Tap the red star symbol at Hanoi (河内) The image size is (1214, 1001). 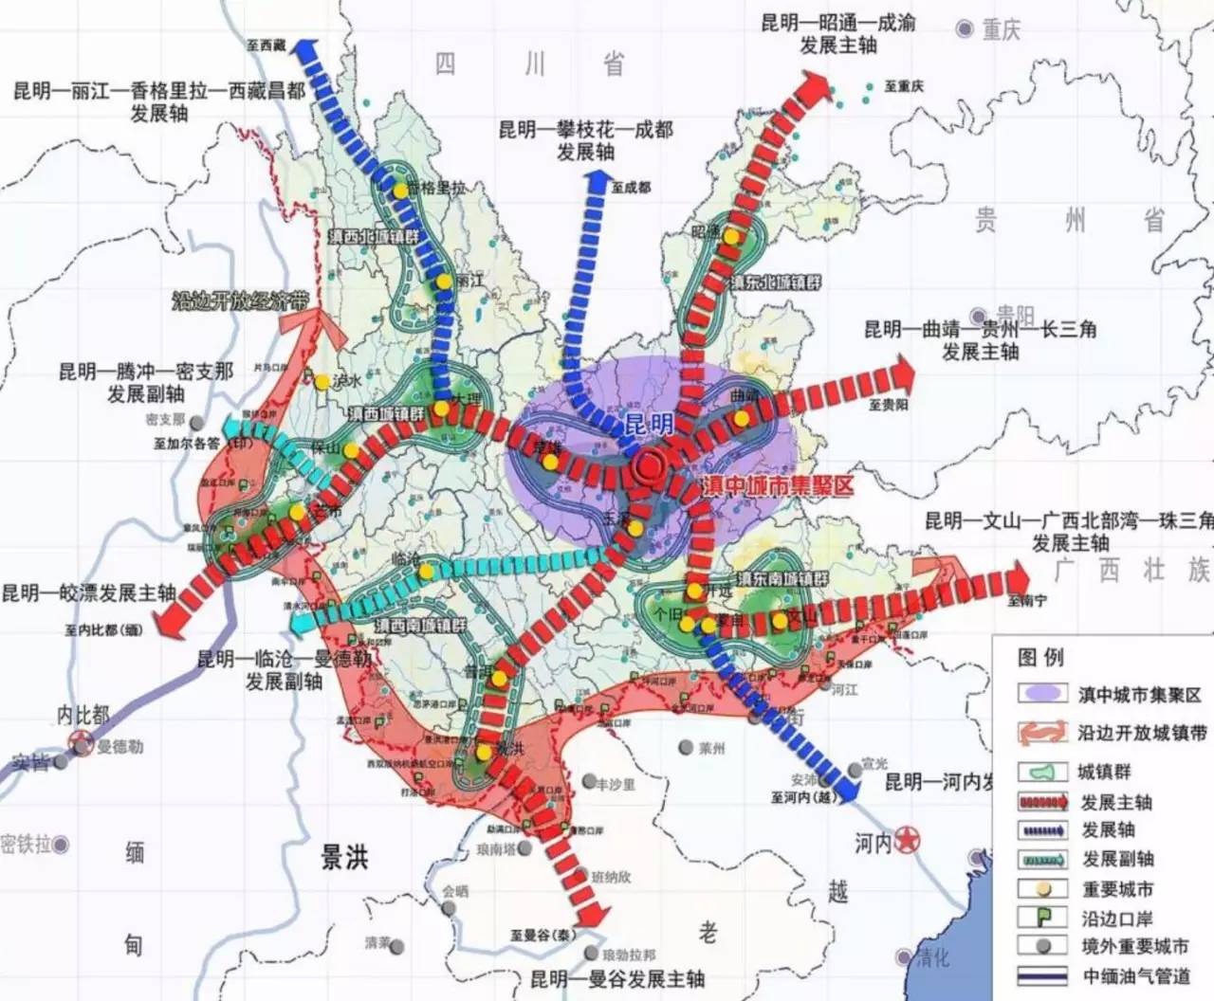click(x=907, y=838)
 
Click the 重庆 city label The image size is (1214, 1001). click(x=1001, y=29)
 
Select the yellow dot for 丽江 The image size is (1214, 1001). click(x=444, y=282)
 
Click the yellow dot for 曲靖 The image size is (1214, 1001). click(x=742, y=418)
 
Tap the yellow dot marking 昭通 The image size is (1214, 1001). click(x=732, y=236)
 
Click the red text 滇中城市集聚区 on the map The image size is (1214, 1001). click(x=778, y=486)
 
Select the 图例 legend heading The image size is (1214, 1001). click(x=1040, y=656)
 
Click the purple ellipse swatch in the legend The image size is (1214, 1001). click(x=1042, y=693)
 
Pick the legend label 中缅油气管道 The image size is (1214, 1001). click(x=1137, y=975)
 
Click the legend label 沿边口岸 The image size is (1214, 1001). click(x=1117, y=918)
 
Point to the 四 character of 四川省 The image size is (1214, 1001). click(x=445, y=64)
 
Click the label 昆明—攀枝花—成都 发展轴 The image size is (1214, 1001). click(x=585, y=140)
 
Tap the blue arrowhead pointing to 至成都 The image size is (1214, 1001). click(x=599, y=182)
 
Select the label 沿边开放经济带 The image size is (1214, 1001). click(x=241, y=301)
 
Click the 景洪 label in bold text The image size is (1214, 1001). click(x=343, y=857)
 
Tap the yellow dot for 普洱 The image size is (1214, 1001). click(x=500, y=679)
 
